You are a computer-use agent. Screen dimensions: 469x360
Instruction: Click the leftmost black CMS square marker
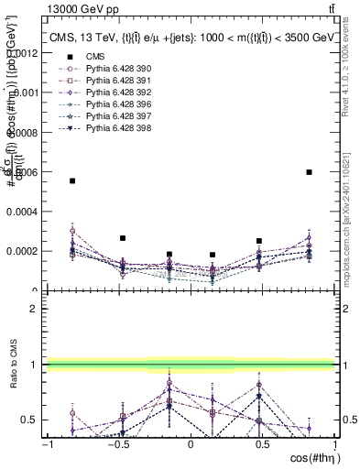(x=72, y=181)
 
